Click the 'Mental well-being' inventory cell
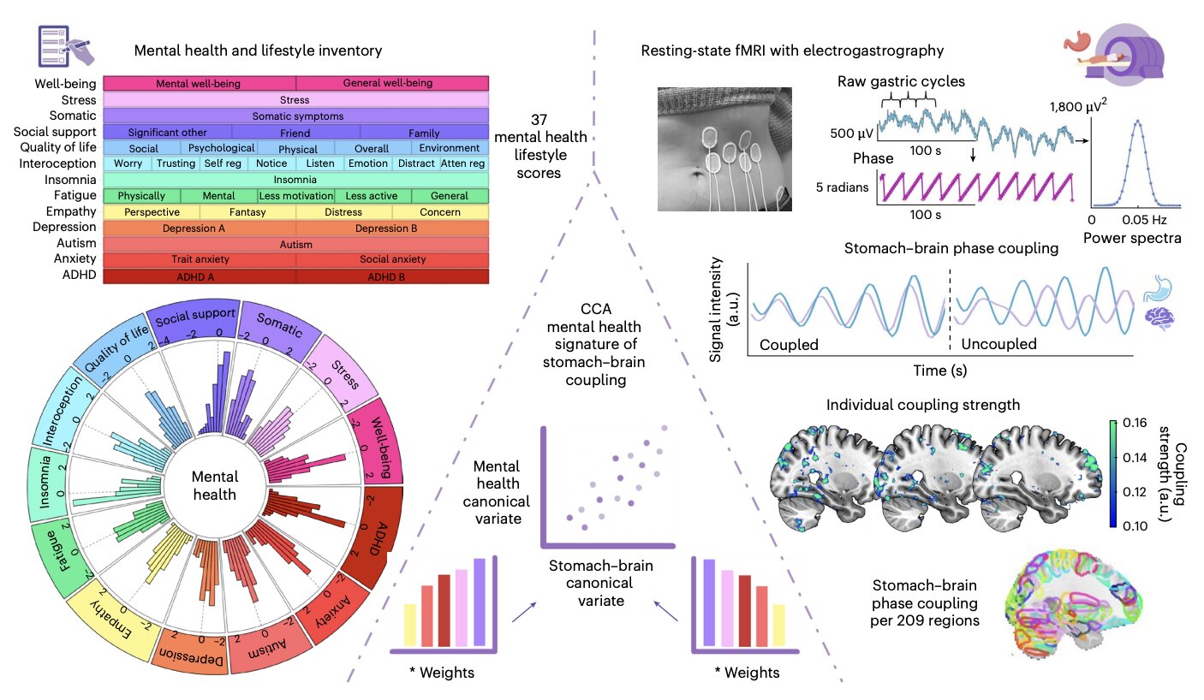(199, 84)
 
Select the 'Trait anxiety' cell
(199, 259)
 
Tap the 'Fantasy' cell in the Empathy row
(247, 211)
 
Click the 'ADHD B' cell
(392, 276)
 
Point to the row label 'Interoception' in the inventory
(54, 163)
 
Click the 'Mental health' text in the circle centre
(215, 485)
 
